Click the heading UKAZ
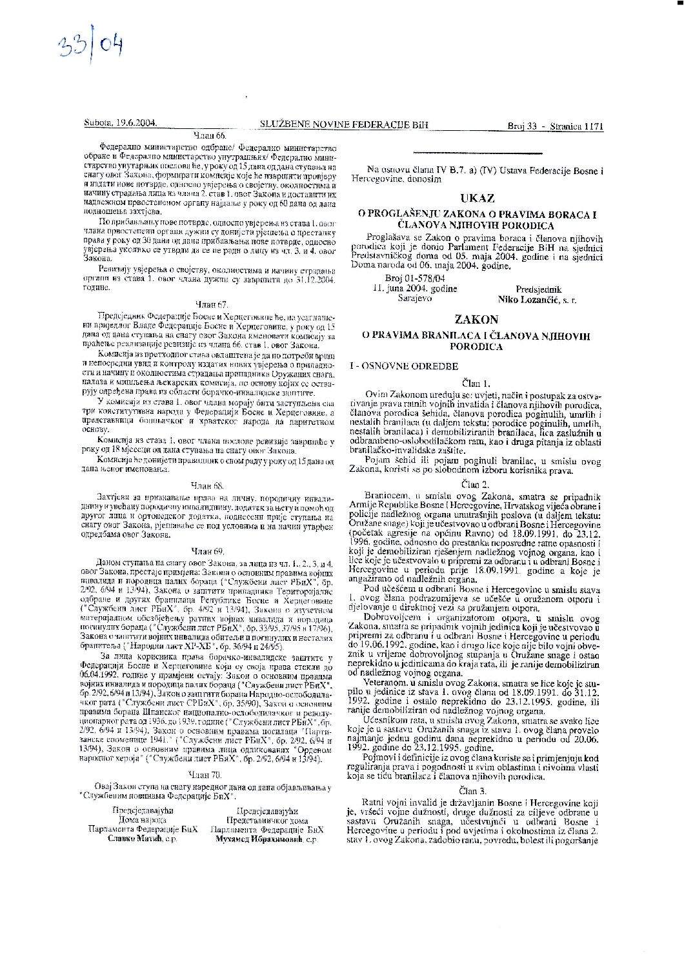click(x=477, y=198)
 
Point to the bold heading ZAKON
click(x=476, y=319)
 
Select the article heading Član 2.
click(x=476, y=484)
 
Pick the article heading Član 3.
click(x=476, y=790)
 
